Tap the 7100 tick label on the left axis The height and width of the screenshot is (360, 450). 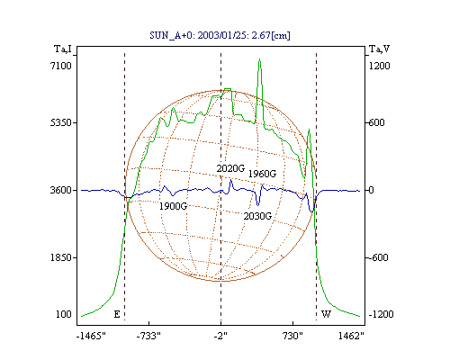point(61,66)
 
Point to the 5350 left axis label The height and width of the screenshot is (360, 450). point(61,122)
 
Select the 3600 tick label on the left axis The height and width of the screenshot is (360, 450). point(61,190)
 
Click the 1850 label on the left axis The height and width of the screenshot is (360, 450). point(61,257)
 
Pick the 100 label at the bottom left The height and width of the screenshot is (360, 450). point(64,314)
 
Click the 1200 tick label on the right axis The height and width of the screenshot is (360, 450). point(380,66)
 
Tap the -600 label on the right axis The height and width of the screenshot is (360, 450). point(379,257)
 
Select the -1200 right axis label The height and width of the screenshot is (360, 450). point(381,314)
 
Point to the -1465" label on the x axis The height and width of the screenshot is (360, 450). point(91,336)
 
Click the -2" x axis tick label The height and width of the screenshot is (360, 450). point(220,336)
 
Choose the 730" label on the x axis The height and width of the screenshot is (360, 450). point(292,336)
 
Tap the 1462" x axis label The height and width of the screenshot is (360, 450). point(351,336)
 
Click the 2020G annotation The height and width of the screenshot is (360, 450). point(230,168)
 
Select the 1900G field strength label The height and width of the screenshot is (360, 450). point(173,206)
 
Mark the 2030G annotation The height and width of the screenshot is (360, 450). point(257,216)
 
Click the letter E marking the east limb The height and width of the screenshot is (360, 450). point(117,314)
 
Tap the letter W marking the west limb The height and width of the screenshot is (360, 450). point(326,314)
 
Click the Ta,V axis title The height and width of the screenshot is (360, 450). point(379,49)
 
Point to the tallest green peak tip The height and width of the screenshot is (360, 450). point(260,59)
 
